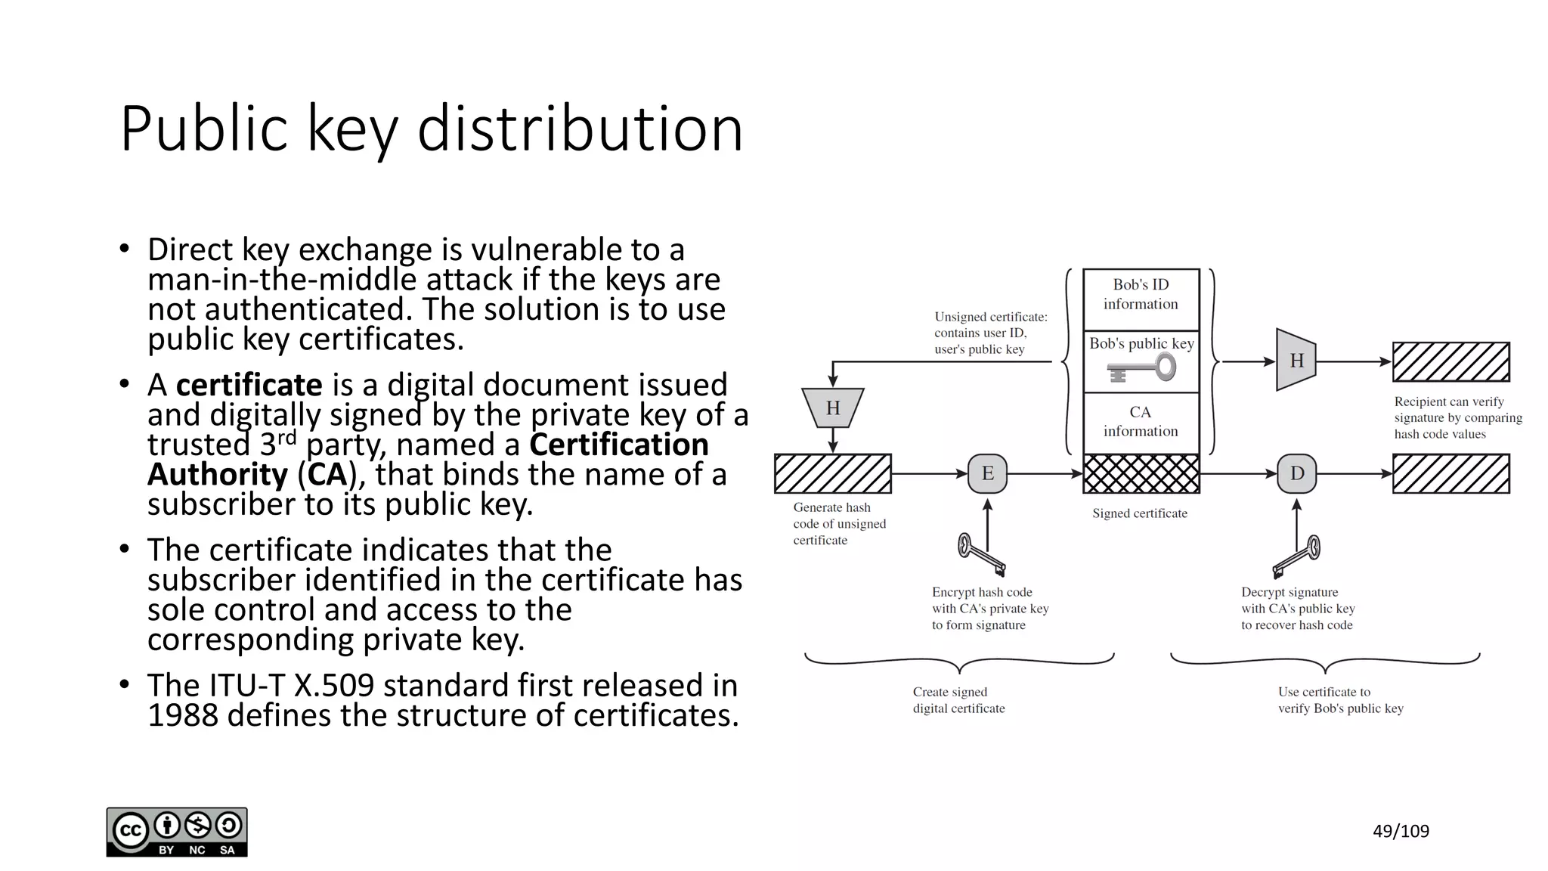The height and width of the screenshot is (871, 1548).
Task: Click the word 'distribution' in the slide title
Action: pyautogui.click(x=580, y=129)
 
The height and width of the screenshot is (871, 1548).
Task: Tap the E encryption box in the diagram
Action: pyautogui.click(x=987, y=474)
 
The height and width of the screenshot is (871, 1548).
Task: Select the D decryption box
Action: pyautogui.click(x=1296, y=474)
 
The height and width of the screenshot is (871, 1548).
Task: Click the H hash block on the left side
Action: pyautogui.click(x=832, y=408)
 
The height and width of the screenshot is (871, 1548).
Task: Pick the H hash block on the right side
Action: pyautogui.click(x=1296, y=361)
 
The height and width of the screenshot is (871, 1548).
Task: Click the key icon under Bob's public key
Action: pyautogui.click(x=1142, y=370)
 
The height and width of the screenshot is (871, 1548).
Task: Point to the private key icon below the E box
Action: pyautogui.click(x=981, y=555)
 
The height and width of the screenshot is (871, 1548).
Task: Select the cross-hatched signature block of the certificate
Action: pyautogui.click(x=1141, y=474)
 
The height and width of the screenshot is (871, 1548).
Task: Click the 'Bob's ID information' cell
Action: pyautogui.click(x=1141, y=295)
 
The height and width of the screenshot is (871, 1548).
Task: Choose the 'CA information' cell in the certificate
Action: pyautogui.click(x=1141, y=422)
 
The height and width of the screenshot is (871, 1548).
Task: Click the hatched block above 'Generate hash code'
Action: pyautogui.click(x=832, y=474)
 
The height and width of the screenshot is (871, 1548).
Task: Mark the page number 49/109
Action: pyautogui.click(x=1401, y=832)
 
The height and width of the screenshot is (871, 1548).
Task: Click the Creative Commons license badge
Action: pyautogui.click(x=177, y=832)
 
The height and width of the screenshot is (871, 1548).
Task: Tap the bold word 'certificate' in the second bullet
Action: pyautogui.click(x=249, y=385)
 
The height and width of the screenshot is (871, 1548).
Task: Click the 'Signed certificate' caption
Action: pyautogui.click(x=1139, y=513)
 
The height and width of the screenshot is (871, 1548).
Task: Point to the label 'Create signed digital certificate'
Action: pyautogui.click(x=958, y=700)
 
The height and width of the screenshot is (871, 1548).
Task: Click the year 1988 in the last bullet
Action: pyautogui.click(x=182, y=715)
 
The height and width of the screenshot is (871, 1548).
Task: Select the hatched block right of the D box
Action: pyautogui.click(x=1450, y=474)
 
